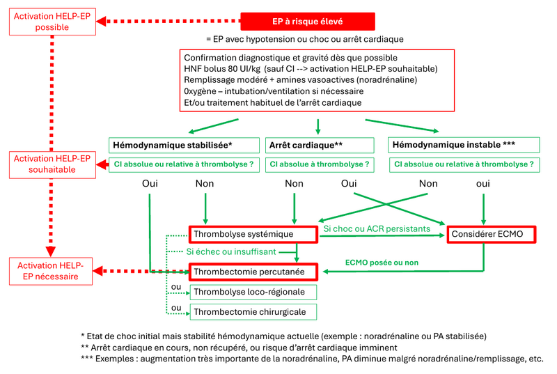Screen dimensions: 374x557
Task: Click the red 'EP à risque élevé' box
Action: (x=308, y=22)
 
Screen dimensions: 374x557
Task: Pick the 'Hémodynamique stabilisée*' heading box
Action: (x=182, y=146)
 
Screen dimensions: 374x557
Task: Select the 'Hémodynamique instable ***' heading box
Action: (x=464, y=145)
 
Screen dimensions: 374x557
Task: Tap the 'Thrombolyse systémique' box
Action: (x=253, y=235)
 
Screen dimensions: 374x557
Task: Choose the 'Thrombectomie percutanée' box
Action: (x=253, y=272)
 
